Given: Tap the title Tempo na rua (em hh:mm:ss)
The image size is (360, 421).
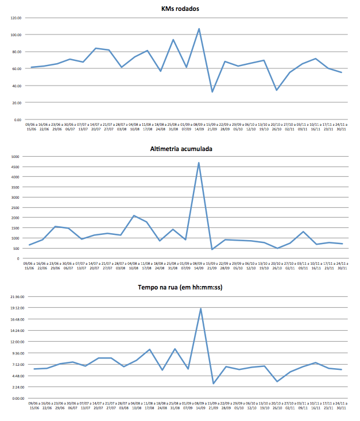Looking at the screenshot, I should pyautogui.click(x=180, y=287).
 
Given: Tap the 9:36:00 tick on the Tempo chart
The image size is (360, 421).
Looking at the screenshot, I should pyautogui.click(x=14, y=353).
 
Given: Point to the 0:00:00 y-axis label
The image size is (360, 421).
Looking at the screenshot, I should pyautogui.click(x=14, y=398).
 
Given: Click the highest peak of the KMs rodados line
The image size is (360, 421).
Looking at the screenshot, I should pyautogui.click(x=199, y=29).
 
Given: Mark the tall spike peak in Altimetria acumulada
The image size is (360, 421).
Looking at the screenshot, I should pyautogui.click(x=199, y=163).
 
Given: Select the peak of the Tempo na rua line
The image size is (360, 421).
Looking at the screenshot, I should pyautogui.click(x=200, y=308).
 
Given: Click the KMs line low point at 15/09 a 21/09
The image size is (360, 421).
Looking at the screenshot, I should pyautogui.click(x=212, y=92).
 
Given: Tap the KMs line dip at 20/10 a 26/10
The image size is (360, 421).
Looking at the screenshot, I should pyautogui.click(x=277, y=90).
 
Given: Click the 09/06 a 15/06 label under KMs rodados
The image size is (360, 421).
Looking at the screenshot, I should pyautogui.click(x=33, y=126).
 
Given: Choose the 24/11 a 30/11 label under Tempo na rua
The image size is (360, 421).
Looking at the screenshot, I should pyautogui.click(x=341, y=406).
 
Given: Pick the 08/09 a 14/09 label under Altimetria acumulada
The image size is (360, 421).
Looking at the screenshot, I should pyautogui.click(x=199, y=265).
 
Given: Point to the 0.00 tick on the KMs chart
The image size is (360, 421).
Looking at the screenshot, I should pyautogui.click(x=18, y=119).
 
